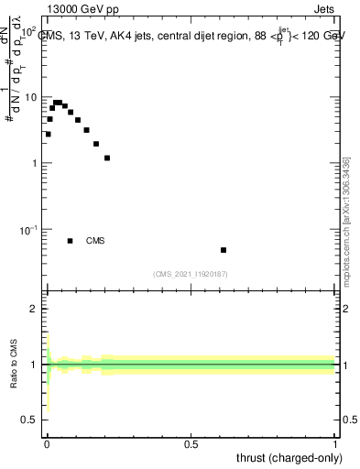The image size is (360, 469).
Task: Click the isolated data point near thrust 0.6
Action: point(224,250)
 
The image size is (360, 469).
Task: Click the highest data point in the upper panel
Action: point(58,103)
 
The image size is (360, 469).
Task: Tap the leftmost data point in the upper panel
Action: point(48,134)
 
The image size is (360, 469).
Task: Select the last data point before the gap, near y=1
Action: point(107,158)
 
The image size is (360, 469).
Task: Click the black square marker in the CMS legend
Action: point(71,241)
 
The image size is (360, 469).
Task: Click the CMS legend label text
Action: point(95,241)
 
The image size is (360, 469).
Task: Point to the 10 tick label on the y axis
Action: point(30,97)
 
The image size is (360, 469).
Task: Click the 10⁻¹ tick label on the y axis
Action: point(27,229)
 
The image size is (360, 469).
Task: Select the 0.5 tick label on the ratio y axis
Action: point(29,420)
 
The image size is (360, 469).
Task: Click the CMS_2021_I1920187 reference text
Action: point(190,273)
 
